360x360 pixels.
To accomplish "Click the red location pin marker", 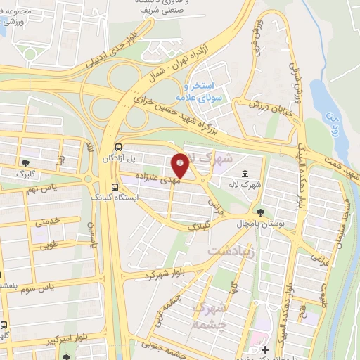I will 180,166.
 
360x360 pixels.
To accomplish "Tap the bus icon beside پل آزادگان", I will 117,148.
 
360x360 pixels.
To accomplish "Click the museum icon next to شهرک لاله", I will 244,174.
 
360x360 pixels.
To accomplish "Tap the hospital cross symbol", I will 265,349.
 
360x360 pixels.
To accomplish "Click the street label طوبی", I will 50,246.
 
